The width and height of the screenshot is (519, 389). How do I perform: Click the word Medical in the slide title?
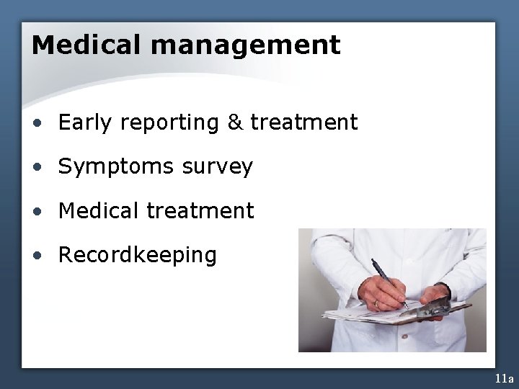86,45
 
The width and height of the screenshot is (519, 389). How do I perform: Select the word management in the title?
245,45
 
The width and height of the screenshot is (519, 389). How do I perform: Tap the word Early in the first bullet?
86,123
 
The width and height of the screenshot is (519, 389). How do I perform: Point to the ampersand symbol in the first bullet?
235,123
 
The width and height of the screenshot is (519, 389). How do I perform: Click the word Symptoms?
116,167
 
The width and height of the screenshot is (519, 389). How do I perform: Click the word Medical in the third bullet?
99,211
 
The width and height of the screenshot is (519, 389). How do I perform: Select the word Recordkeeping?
137,255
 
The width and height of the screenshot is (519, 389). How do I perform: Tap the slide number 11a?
504,378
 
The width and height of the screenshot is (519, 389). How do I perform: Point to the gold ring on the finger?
376,304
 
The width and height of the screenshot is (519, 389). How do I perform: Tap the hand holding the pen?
381,294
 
